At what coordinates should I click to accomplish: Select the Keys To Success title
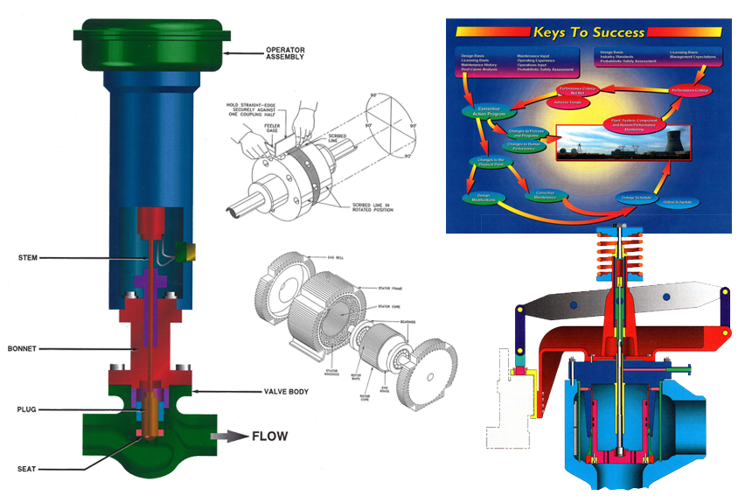pos(588,33)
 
